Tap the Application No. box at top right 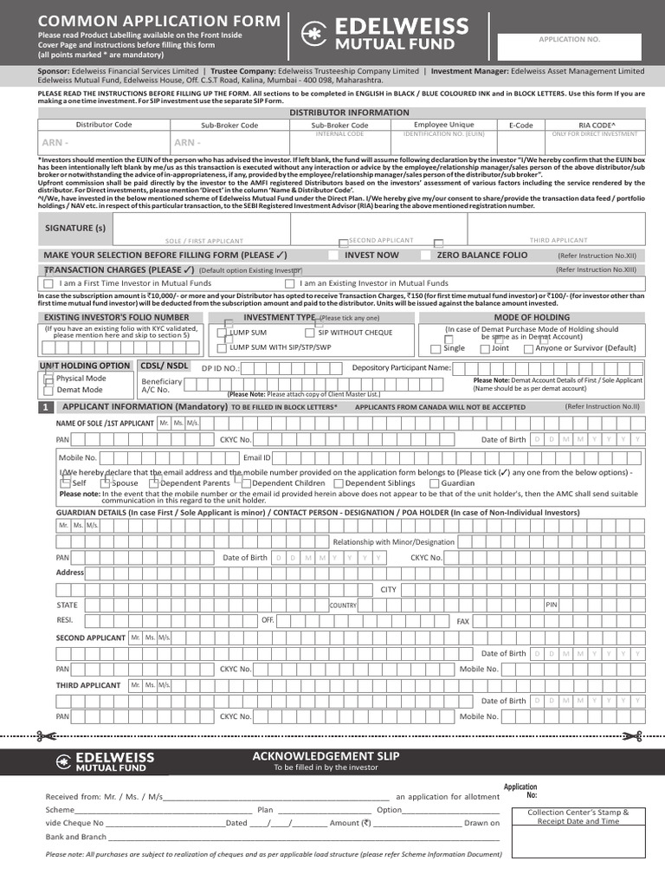tap(569, 47)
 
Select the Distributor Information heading tap(349, 113)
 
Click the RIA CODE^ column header tap(597, 125)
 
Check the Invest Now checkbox tap(333, 256)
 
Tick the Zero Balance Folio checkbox tap(425, 256)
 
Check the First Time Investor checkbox tap(48, 283)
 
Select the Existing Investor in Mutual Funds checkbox tap(289, 283)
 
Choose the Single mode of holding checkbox tap(436, 349)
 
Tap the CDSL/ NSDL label tap(165, 366)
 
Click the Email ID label tap(257, 456)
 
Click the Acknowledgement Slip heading tap(326, 756)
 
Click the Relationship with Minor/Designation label tap(394, 541)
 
